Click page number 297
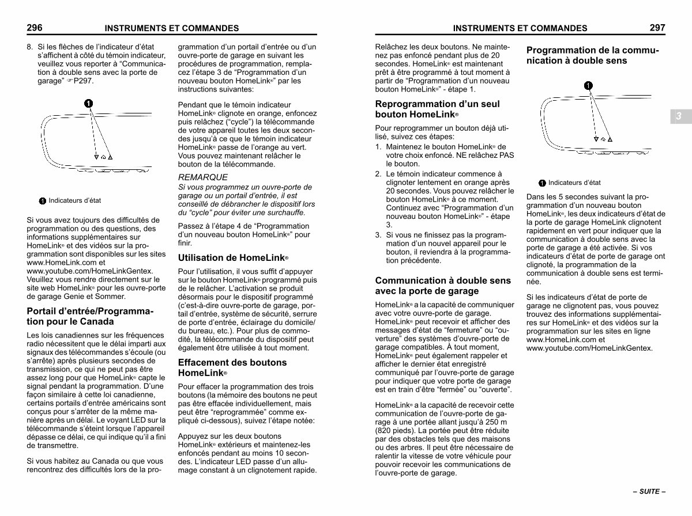[657, 27]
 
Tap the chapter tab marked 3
[679, 116]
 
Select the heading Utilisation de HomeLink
[233, 257]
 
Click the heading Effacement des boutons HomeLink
[233, 367]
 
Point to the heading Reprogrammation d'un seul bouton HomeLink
[437, 109]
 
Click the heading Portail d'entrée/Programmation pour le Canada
[91, 317]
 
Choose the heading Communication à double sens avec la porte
[443, 286]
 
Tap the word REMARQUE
[203, 177]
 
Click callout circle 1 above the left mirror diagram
[88, 104]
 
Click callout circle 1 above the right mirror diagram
[588, 86]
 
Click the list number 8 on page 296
[29, 47]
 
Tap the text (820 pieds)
[394, 431]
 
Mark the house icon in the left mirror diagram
[103, 157]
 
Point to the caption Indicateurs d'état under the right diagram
[574, 183]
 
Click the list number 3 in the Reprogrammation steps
[378, 235]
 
